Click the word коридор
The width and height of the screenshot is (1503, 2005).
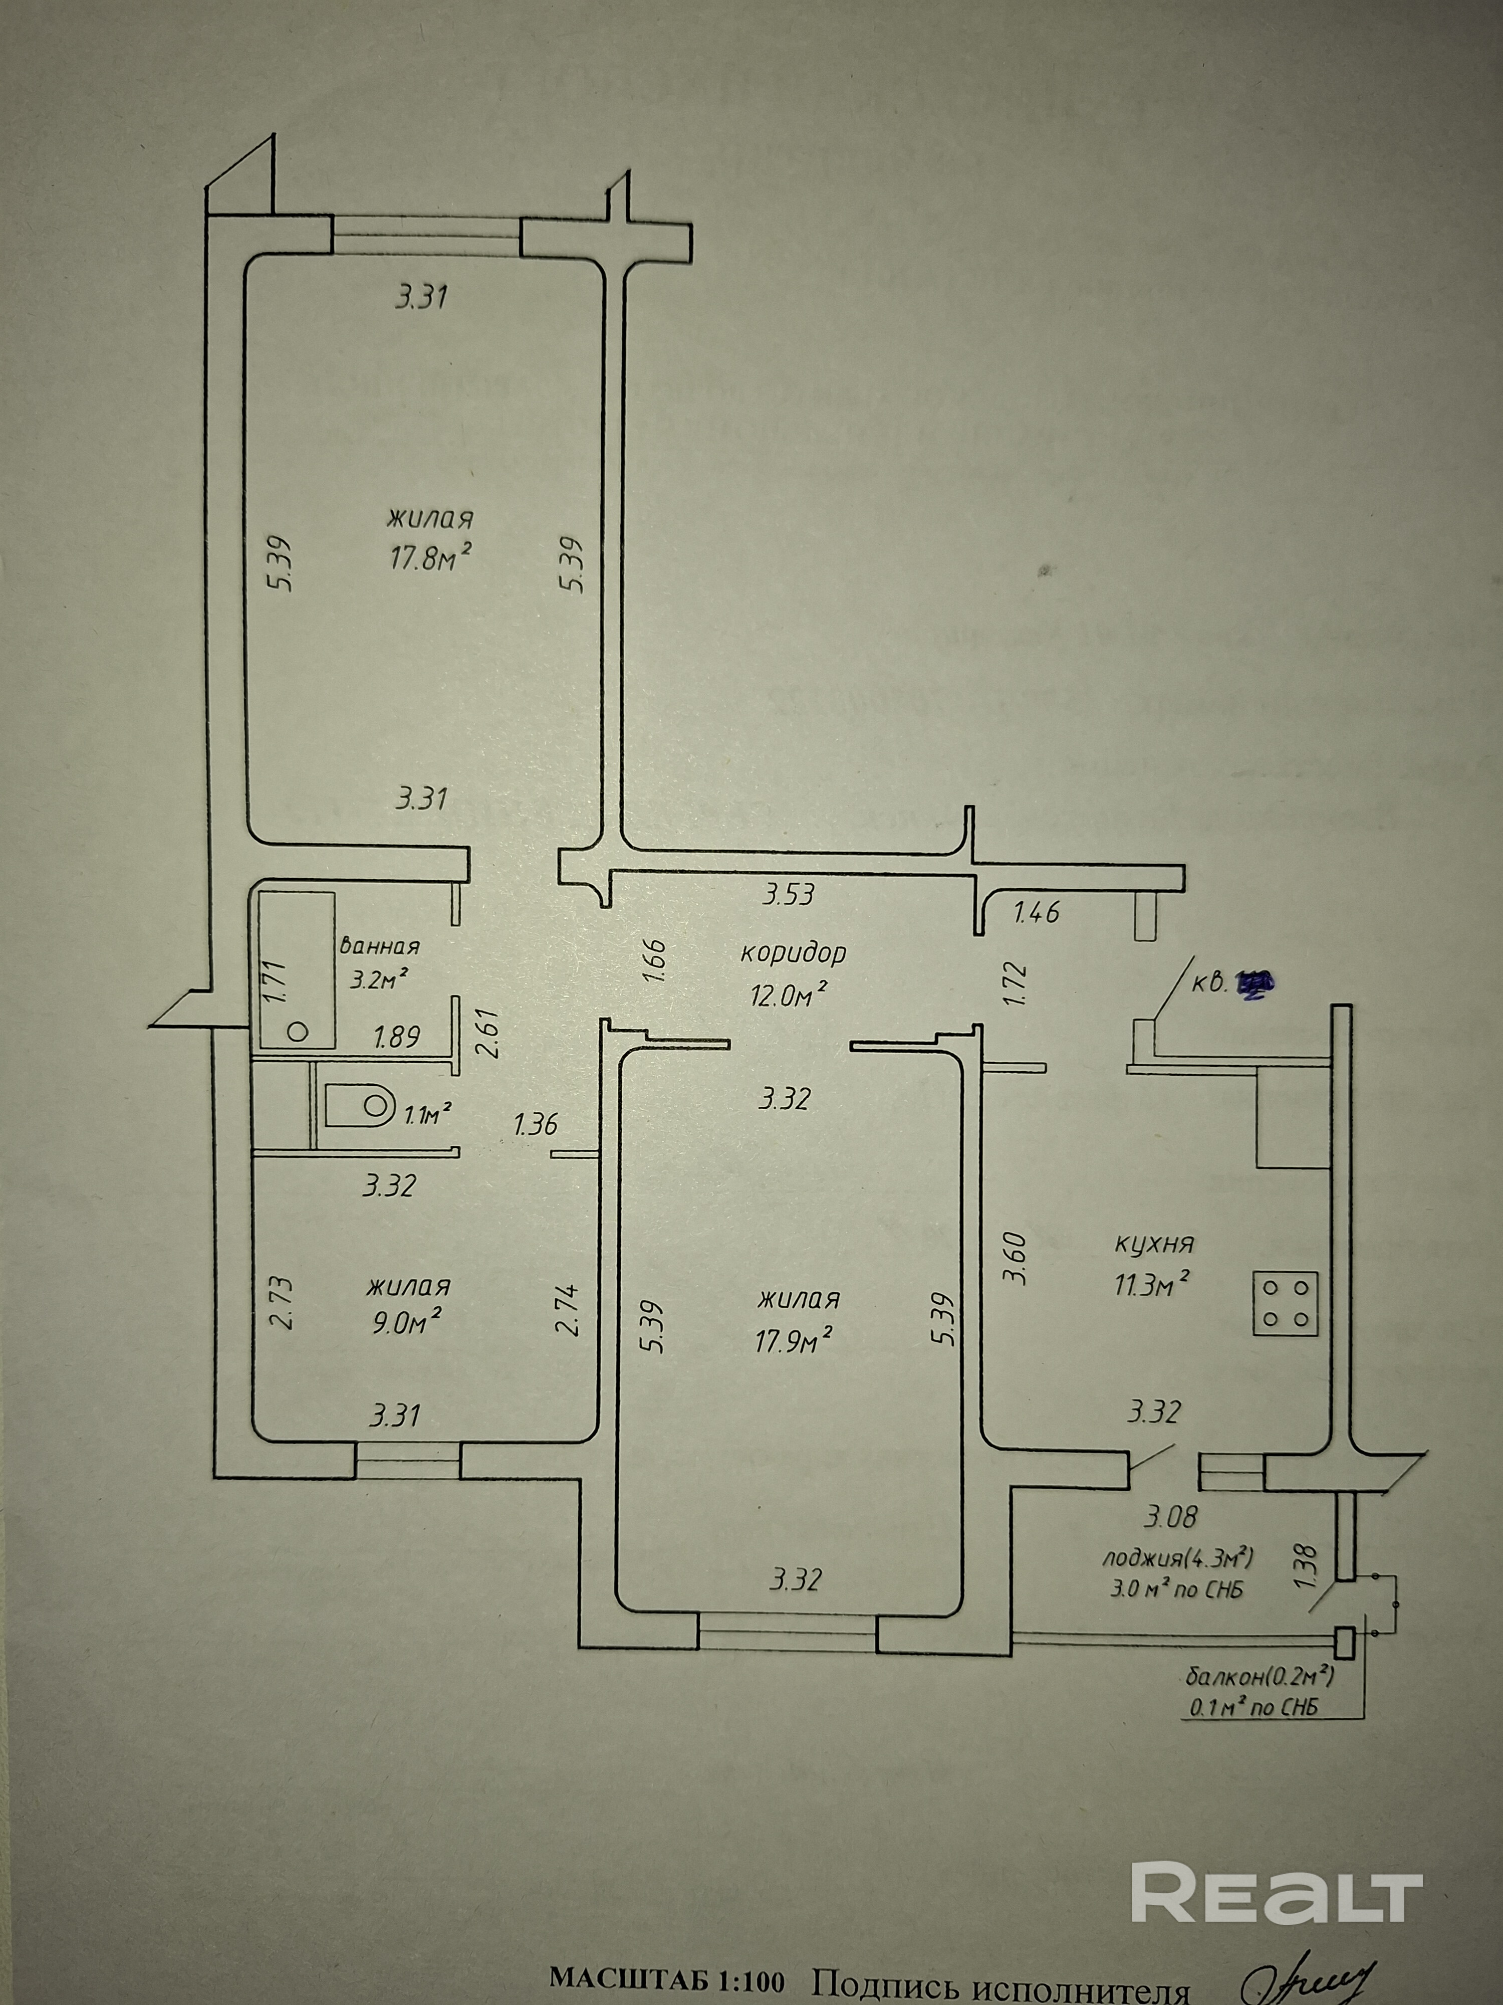pyautogui.click(x=793, y=953)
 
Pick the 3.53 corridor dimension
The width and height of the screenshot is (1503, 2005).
pyautogui.click(x=788, y=895)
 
